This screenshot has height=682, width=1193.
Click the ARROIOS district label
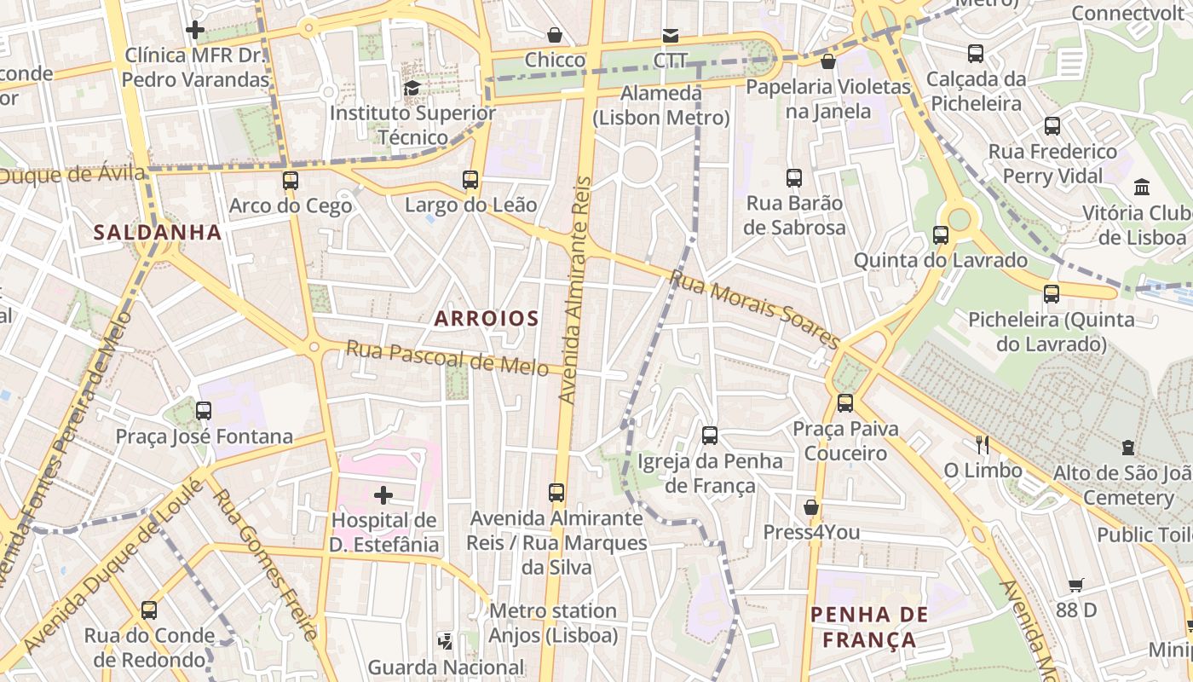pos(487,319)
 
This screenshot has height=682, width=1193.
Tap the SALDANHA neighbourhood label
pos(158,232)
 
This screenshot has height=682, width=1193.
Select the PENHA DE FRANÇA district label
pos(868,627)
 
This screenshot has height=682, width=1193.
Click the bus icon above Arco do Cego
pos(291,181)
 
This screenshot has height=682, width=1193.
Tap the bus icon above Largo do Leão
pos(470,180)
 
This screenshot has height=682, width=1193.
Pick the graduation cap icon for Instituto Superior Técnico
pos(412,88)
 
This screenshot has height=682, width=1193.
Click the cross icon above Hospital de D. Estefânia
pos(383,494)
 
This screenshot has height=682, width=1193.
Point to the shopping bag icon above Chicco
pos(555,35)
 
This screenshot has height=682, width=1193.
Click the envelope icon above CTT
pos(671,36)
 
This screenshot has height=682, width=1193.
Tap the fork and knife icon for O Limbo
pos(983,444)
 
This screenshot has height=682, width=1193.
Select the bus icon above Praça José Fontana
pos(204,411)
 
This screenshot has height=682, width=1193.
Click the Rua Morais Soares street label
pos(755,309)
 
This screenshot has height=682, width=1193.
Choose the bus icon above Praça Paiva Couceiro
pos(845,403)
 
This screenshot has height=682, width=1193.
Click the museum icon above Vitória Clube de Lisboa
pos(1142,187)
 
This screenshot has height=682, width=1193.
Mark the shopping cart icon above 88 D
pos(1076,585)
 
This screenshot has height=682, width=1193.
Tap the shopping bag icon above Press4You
pos(811,507)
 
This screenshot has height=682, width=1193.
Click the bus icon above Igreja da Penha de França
pos(710,436)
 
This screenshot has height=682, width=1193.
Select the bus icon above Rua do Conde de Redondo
pos(149,610)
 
